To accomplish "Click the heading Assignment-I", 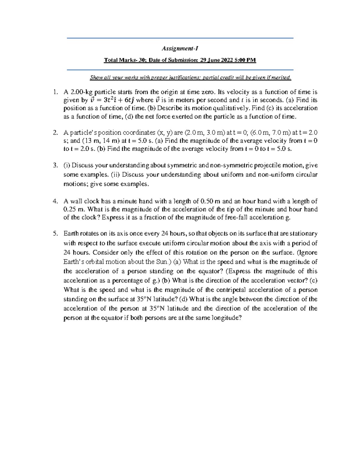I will tap(180, 49).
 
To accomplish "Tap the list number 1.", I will tap(54, 92).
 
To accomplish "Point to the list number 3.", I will tap(55, 165).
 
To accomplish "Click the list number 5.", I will tap(55, 233).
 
